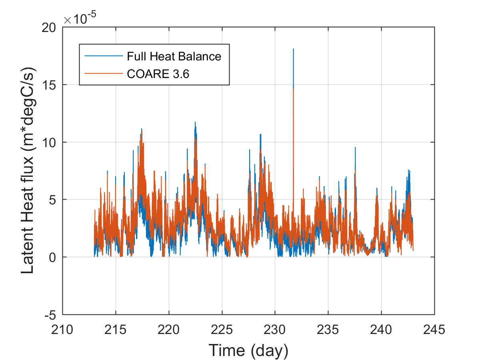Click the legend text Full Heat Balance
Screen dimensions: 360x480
click(x=174, y=56)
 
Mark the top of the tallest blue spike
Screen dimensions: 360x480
click(x=293, y=49)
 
